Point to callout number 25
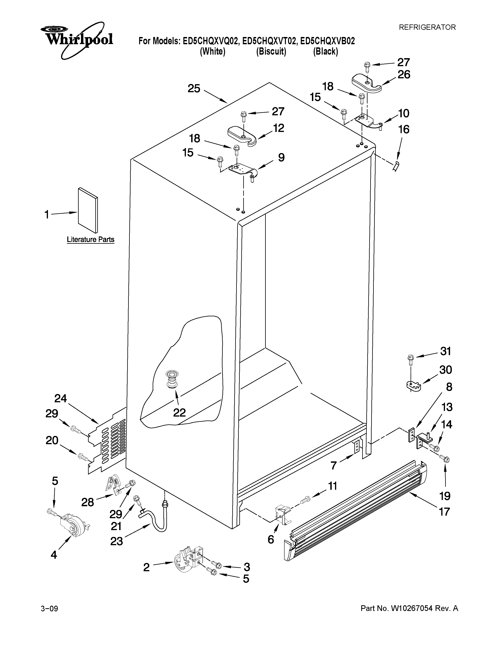[x=194, y=88]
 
